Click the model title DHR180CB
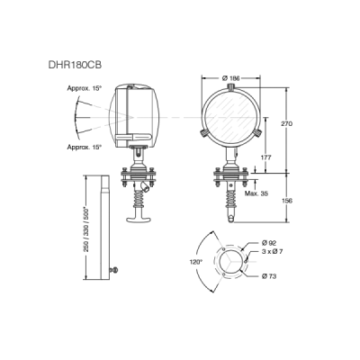click(x=75, y=65)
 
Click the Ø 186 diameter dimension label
click(x=231, y=78)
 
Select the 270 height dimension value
click(x=286, y=123)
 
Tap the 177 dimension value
click(x=265, y=157)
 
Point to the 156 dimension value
click(x=287, y=201)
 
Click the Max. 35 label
click(x=256, y=193)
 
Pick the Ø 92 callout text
click(x=268, y=242)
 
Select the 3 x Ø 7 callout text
click(x=272, y=252)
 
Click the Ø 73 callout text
click(x=269, y=276)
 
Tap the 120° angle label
click(x=196, y=262)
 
